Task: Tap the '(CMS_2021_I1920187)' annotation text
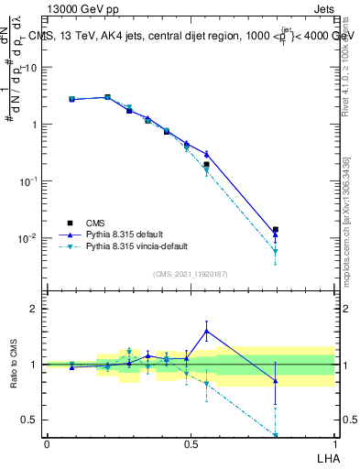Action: pyautogui.click(x=191, y=274)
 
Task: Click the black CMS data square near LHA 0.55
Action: pyautogui.click(x=207, y=165)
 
